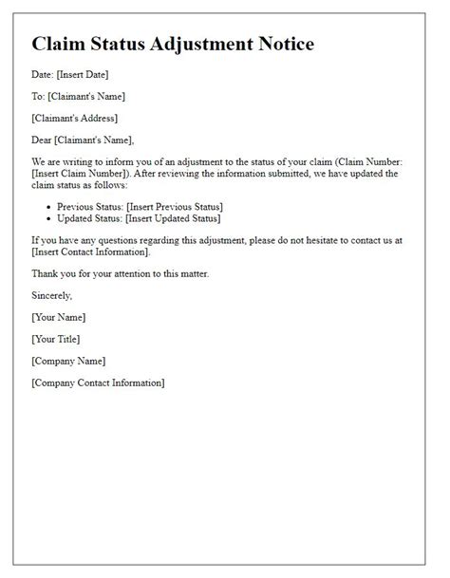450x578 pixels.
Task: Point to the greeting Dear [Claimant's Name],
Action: (x=89, y=140)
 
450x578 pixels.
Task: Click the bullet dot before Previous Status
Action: (x=51, y=207)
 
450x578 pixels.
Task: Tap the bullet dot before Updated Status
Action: (x=51, y=219)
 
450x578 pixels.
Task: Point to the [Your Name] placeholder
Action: (x=58, y=317)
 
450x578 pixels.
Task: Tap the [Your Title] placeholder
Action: (x=56, y=339)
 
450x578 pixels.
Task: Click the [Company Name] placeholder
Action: (x=68, y=361)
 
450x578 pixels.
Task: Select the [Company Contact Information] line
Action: (x=98, y=382)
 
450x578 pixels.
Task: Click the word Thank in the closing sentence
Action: (x=47, y=273)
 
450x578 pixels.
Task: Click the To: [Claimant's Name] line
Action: (x=78, y=96)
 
